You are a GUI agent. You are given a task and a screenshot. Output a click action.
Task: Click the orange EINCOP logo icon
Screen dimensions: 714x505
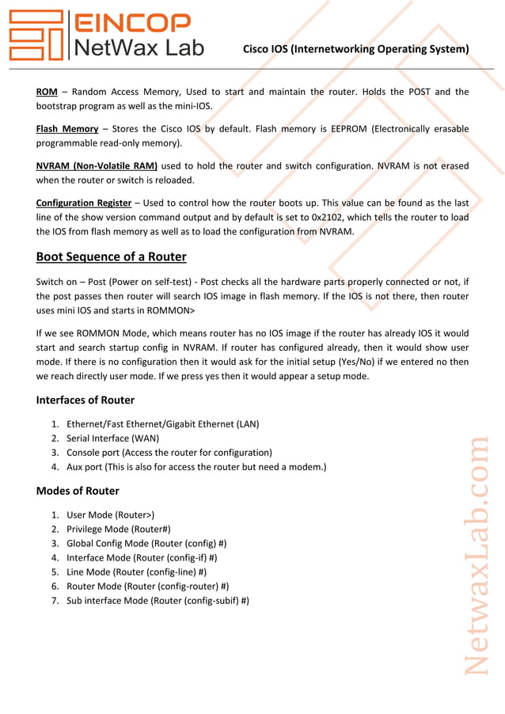pos(36,36)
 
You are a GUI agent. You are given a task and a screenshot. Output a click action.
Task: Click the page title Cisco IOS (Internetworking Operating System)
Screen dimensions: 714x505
pos(355,49)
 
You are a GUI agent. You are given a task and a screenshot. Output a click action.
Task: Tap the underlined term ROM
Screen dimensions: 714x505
pos(47,92)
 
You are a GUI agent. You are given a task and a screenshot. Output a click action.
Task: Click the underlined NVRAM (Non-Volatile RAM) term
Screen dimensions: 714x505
pos(97,165)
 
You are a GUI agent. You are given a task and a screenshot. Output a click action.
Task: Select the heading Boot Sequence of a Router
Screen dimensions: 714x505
pos(111,256)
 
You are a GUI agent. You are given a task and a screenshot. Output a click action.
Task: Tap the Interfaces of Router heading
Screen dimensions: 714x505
pos(85,400)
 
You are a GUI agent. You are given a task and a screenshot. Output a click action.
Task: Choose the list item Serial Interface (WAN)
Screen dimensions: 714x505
pos(112,438)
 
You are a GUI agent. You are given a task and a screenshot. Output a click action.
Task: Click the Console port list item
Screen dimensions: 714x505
pos(169,452)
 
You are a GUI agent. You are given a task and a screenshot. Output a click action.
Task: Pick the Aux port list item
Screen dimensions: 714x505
pos(196,466)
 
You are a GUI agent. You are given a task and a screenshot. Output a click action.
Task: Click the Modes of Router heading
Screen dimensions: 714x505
pos(78,491)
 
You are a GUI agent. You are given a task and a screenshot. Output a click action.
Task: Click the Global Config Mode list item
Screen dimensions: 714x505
pos(146,543)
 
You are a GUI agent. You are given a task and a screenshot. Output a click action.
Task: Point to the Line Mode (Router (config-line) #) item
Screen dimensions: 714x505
pos(137,572)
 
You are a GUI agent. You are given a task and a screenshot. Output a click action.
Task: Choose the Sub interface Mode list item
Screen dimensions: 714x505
pos(158,600)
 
